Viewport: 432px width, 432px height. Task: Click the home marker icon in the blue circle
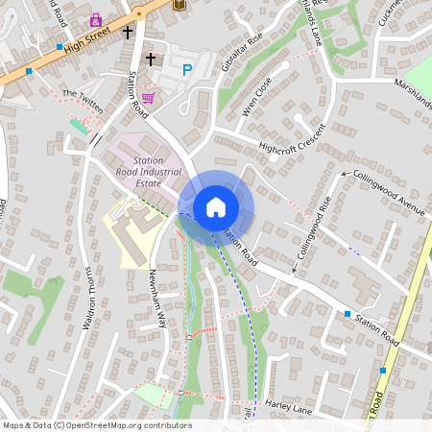pyautogui.click(x=216, y=206)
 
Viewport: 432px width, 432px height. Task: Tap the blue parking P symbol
pyautogui.click(x=187, y=69)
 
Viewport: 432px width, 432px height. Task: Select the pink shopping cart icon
pyautogui.click(x=149, y=97)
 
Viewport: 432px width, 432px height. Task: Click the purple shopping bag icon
pyautogui.click(x=96, y=18)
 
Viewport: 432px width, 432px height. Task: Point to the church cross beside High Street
pyautogui.click(x=128, y=32)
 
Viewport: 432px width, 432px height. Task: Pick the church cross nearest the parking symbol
pyautogui.click(x=150, y=60)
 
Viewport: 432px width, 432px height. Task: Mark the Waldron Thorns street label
pyautogui.click(x=87, y=299)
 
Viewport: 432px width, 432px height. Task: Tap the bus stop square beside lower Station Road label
pyautogui.click(x=348, y=313)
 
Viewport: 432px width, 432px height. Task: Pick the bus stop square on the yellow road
pyautogui.click(x=382, y=370)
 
